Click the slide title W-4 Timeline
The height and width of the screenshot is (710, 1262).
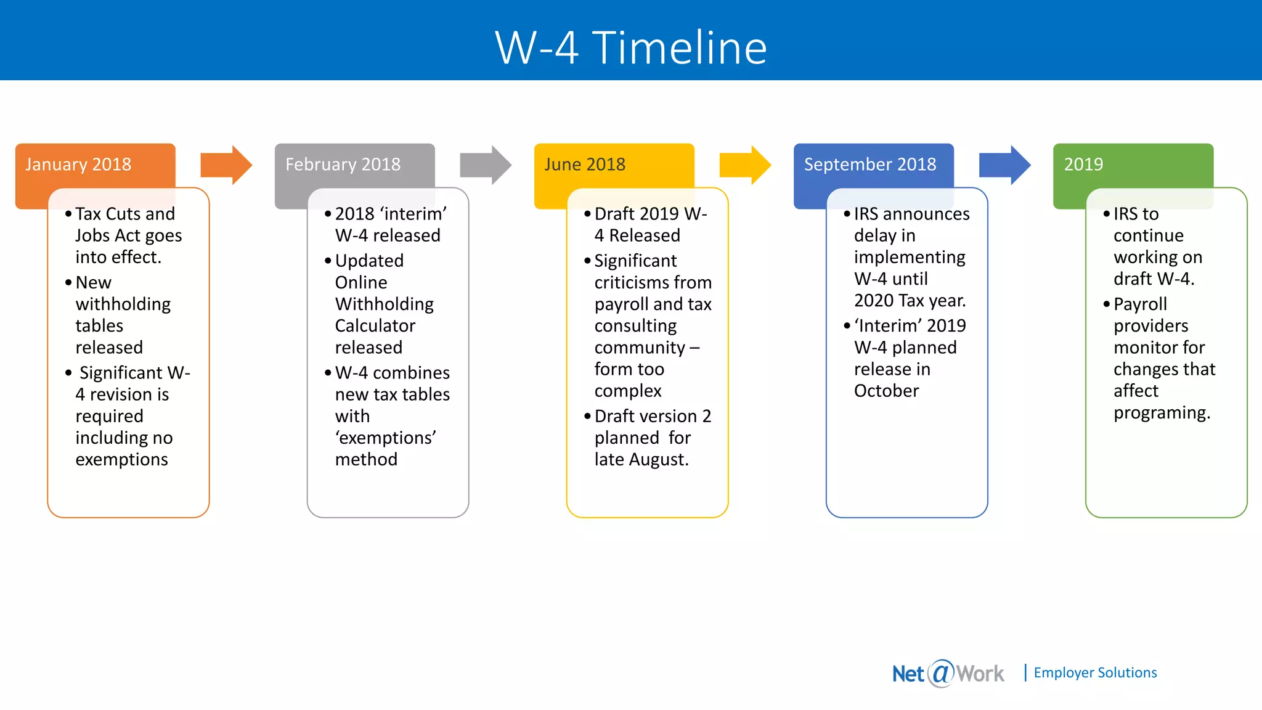(x=631, y=47)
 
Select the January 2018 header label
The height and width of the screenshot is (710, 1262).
(x=78, y=165)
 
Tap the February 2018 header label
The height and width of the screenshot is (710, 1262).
(x=343, y=165)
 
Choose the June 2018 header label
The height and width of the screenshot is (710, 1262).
(x=585, y=165)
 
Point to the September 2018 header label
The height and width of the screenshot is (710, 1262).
(x=869, y=165)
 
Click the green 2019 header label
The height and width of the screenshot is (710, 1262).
(x=1083, y=165)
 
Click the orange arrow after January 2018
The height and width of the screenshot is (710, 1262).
(x=226, y=165)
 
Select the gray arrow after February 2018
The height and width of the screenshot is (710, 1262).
(x=485, y=165)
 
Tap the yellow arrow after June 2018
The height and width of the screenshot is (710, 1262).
(x=744, y=165)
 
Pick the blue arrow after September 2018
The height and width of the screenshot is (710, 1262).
(x=1004, y=165)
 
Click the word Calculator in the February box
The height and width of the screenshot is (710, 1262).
(x=375, y=325)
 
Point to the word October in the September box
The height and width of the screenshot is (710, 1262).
(x=886, y=391)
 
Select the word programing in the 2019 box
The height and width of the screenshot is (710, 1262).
(x=1161, y=413)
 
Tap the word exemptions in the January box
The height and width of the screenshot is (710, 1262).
(x=121, y=460)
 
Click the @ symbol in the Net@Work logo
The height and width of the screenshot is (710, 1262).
(x=941, y=673)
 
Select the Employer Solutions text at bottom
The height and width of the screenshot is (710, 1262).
(x=1095, y=673)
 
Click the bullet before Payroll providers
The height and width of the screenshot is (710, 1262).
(x=1106, y=304)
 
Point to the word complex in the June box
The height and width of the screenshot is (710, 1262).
(x=627, y=391)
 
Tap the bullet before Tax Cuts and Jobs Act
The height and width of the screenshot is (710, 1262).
(x=68, y=214)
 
